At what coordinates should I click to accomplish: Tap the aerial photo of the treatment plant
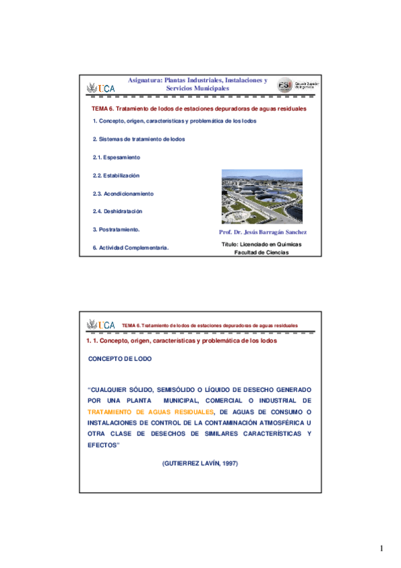[261, 197]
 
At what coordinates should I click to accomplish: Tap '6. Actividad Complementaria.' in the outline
[130, 248]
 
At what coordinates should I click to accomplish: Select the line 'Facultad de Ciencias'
[261, 253]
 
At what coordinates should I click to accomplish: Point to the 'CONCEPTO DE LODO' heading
[121, 359]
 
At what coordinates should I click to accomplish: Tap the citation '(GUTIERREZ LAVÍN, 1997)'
[200, 464]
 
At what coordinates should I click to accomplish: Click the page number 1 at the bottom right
[381, 549]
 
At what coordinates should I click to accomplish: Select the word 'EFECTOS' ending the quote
[104, 445]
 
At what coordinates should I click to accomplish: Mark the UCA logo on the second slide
[101, 325]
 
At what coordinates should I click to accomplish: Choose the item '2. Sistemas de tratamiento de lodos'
[139, 139]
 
